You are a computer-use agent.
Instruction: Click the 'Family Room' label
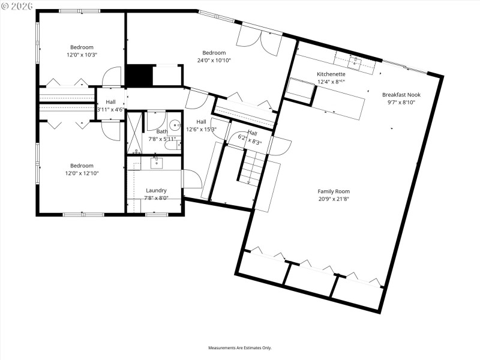(334, 191)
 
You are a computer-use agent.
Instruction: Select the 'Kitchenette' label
(331, 74)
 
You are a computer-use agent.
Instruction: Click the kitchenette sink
(355, 60)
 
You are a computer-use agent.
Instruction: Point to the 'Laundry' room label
(156, 190)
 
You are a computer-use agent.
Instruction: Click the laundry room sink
(157, 162)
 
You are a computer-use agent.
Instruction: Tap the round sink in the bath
(175, 126)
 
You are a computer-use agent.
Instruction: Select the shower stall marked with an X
(133, 132)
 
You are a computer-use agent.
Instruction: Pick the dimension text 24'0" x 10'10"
(214, 60)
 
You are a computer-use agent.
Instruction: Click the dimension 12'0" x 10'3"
(82, 55)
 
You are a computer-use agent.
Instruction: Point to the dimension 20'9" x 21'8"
(334, 199)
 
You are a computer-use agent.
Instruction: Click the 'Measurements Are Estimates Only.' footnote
(240, 348)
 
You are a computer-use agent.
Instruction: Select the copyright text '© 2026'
(17, 6)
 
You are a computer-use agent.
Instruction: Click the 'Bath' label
(162, 131)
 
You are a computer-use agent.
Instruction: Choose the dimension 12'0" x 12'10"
(82, 173)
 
